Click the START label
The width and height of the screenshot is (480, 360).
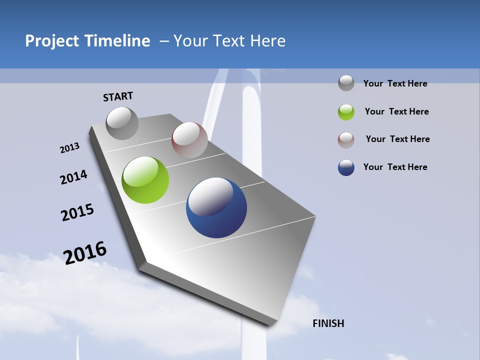click(118, 96)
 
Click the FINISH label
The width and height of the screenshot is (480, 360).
click(328, 323)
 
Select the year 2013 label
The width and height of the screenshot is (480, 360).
click(69, 148)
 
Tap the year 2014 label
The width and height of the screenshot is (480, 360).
click(73, 177)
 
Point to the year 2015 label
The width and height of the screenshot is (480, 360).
click(77, 212)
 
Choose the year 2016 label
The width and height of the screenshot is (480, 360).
click(85, 252)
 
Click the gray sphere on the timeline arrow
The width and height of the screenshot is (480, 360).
click(122, 123)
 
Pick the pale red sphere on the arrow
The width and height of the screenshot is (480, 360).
click(189, 140)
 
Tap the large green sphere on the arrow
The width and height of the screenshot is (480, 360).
click(145, 180)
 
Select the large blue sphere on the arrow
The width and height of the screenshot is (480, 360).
click(216, 207)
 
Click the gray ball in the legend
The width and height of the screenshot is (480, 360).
click(346, 83)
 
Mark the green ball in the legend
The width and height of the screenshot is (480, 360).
click(346, 112)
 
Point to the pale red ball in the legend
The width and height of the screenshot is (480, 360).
click(346, 139)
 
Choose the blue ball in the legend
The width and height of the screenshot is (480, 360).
click(346, 167)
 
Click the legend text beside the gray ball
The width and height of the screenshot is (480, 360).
click(395, 83)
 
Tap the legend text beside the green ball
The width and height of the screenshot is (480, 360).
click(396, 111)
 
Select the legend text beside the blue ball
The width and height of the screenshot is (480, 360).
click(395, 167)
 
